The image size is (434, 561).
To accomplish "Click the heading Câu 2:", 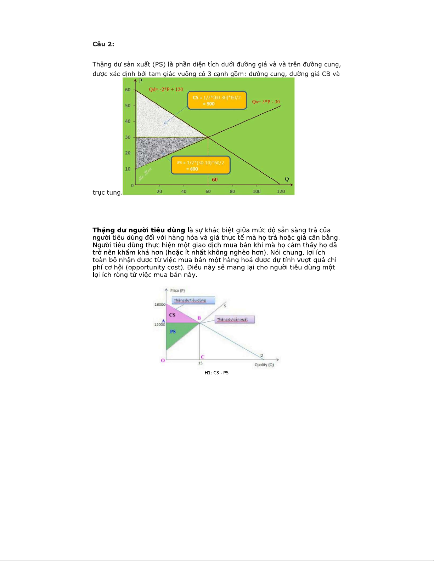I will point(103,44).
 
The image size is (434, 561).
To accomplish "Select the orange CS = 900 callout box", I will point(217,100).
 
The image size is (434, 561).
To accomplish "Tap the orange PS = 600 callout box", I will point(201,165).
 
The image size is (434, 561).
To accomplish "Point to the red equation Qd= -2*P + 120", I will point(166,89).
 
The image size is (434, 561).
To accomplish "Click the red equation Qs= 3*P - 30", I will point(266,102).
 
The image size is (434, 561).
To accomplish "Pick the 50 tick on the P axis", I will point(128,105).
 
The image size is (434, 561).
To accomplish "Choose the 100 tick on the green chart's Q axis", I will point(257,191).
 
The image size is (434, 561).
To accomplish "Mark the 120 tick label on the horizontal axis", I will point(281,191).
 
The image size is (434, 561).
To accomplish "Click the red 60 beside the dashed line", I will point(215,180).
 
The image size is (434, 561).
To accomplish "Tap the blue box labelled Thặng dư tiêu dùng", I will point(193,300).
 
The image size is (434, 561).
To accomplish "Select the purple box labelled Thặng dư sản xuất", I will point(235,319).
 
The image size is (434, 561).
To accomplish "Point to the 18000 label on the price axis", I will point(160,304).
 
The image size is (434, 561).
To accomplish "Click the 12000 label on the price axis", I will point(159,325).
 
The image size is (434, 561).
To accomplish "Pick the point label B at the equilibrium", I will point(199,318).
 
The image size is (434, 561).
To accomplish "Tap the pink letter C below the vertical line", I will point(203,357).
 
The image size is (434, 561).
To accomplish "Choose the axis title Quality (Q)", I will point(264,365).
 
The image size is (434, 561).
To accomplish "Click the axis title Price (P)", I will point(177,291).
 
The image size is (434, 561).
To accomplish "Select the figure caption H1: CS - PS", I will point(216,373).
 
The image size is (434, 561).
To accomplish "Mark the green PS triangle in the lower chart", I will point(177,334).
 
